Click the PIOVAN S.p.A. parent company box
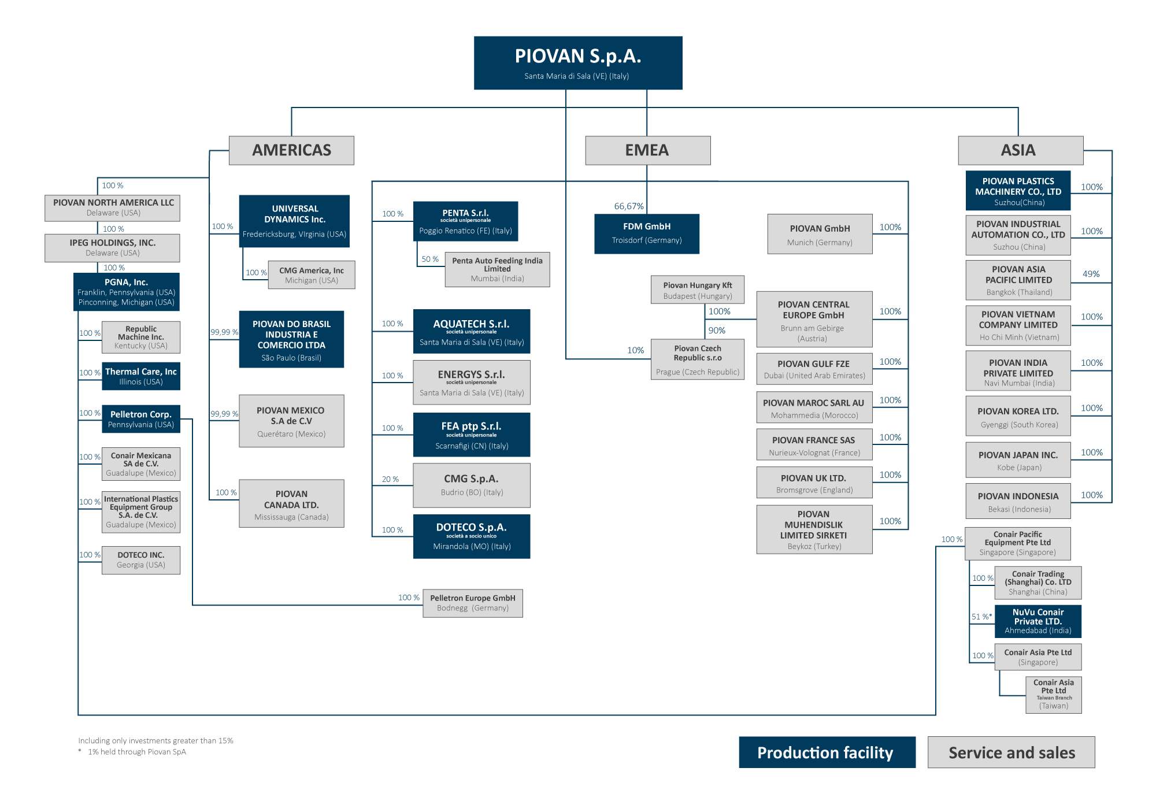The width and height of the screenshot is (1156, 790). pyautogui.click(x=578, y=63)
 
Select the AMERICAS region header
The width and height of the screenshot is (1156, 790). pyautogui.click(x=291, y=150)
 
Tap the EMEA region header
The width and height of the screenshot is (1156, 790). pyautogui.click(x=647, y=150)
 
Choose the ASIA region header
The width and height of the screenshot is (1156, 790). pyautogui.click(x=1020, y=150)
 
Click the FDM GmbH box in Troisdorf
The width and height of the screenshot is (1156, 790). pyautogui.click(x=647, y=233)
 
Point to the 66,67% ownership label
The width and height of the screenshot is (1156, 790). pyautogui.click(x=629, y=206)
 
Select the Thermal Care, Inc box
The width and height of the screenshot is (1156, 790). pyautogui.click(x=141, y=376)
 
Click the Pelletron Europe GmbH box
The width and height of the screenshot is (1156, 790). pyautogui.click(x=473, y=603)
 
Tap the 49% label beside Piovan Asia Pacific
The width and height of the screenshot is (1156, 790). pyautogui.click(x=1091, y=274)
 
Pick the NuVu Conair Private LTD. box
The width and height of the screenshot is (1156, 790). pyautogui.click(x=1038, y=621)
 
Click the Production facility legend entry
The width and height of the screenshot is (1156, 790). pyautogui.click(x=827, y=752)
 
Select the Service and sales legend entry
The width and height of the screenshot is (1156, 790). pyautogui.click(x=1011, y=752)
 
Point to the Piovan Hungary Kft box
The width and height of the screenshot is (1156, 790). pyautogui.click(x=698, y=290)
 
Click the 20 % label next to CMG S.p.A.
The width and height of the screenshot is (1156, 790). pyautogui.click(x=390, y=479)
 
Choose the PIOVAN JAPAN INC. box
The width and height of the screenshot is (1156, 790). pyautogui.click(x=1018, y=460)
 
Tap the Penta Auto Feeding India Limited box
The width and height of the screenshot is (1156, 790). pyautogui.click(x=497, y=269)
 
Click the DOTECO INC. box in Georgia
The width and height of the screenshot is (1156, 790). pyautogui.click(x=141, y=560)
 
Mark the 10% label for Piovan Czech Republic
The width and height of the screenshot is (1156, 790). pyautogui.click(x=635, y=350)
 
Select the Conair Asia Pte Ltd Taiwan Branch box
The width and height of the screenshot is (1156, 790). pyautogui.click(x=1054, y=695)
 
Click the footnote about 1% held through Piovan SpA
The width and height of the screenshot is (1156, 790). pyautogui.click(x=132, y=752)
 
